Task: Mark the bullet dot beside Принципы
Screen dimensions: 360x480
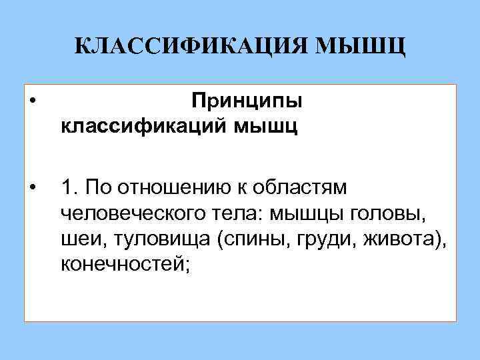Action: tap(33, 102)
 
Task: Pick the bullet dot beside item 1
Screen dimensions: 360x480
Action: tap(33, 187)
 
